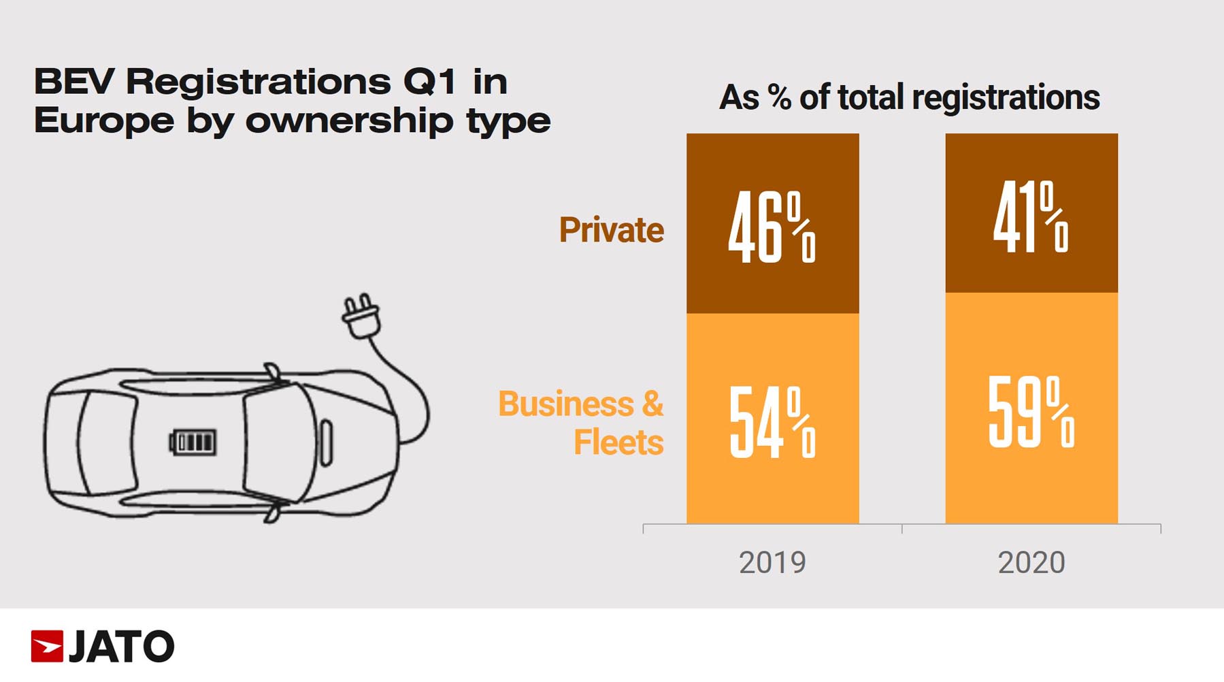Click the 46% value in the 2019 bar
(772, 227)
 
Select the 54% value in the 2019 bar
(772, 422)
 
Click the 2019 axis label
(772, 563)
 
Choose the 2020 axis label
(1031, 563)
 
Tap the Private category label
(611, 230)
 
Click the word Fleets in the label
(618, 442)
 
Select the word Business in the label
(565, 404)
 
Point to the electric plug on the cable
(361, 317)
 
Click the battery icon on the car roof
(193, 442)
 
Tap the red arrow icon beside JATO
(47, 646)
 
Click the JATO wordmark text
(122, 647)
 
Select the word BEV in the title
(74, 82)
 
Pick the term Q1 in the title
(429, 82)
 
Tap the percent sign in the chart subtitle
(780, 97)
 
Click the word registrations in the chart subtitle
(1006, 97)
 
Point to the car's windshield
(272, 442)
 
